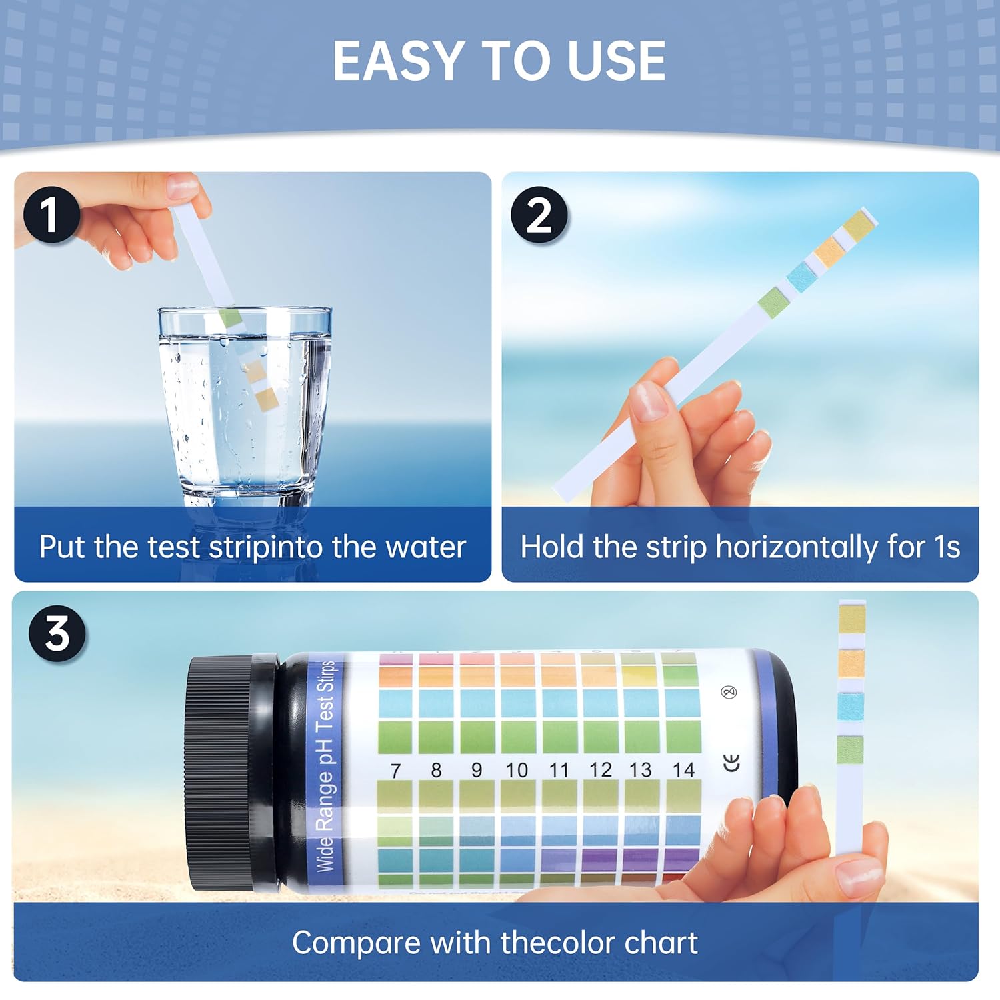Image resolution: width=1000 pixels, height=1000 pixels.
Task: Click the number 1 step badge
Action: pos(51,215)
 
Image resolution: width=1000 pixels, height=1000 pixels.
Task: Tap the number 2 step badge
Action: pos(539,215)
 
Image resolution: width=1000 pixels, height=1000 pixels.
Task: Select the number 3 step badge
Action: pos(57,633)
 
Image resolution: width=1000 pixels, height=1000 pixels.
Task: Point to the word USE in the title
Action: pos(616,61)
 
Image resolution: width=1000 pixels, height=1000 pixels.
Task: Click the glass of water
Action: pos(245,400)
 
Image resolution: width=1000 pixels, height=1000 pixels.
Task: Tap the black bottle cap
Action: pos(220,772)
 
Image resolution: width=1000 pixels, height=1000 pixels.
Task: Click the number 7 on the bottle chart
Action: pos(395,771)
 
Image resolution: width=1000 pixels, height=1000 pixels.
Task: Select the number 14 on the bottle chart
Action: pos(683,770)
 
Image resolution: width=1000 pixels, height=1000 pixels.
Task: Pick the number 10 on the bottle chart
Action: pos(517,771)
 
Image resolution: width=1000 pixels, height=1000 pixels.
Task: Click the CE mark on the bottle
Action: pos(732,762)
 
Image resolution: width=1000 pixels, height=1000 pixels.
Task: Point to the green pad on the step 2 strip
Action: pos(775,301)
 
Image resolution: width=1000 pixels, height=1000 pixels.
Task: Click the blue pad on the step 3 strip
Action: pos(851,706)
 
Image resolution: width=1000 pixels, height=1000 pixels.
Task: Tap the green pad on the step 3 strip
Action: pos(850,749)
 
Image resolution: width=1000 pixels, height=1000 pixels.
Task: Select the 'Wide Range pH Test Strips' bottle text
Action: pos(325,767)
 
